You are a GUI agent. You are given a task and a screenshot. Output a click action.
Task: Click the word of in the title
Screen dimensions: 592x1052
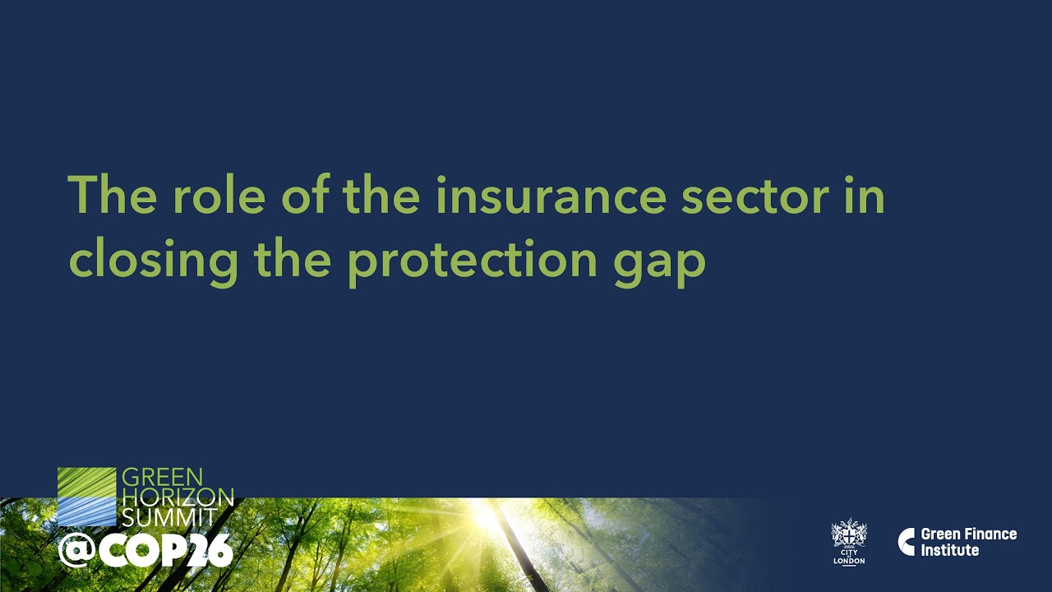click(x=306, y=196)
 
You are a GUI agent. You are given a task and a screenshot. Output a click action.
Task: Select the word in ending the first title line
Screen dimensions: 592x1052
click(x=863, y=196)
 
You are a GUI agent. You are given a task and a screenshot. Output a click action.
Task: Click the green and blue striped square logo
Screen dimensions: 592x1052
click(x=86, y=497)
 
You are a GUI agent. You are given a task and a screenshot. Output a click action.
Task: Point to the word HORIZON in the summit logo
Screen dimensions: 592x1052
click(x=178, y=497)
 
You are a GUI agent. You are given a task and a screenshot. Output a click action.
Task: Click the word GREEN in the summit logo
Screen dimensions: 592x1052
click(x=162, y=478)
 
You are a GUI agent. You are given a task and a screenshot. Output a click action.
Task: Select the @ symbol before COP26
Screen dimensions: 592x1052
click(x=74, y=551)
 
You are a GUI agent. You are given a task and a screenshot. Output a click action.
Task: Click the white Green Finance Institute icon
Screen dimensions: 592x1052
click(x=907, y=542)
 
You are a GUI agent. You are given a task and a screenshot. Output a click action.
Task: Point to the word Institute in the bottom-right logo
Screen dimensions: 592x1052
click(x=949, y=550)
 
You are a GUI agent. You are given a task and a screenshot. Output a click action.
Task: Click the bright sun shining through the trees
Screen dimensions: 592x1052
click(x=485, y=516)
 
